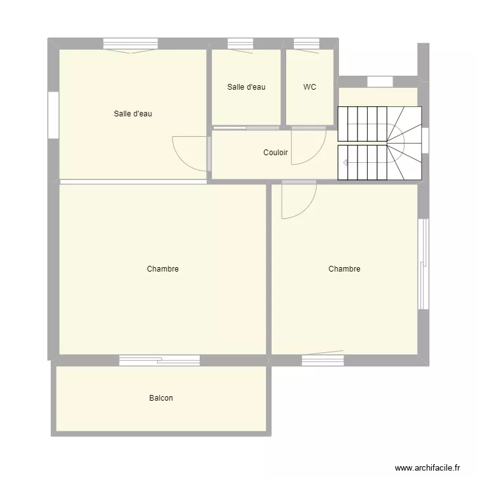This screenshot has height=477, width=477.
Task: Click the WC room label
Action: (310, 87)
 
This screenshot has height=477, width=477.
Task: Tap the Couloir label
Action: (275, 153)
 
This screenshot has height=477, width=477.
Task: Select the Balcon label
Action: (161, 398)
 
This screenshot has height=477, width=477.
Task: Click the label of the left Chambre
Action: (162, 269)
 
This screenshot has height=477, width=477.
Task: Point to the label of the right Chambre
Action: (344, 269)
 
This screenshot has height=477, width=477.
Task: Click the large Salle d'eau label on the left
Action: (133, 114)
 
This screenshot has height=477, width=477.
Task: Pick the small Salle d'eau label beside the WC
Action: (246, 87)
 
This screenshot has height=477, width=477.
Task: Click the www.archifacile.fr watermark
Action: (427, 467)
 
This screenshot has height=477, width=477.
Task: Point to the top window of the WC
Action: (307, 43)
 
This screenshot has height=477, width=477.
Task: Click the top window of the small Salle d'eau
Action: (240, 43)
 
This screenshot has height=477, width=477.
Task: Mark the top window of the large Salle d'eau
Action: (130, 43)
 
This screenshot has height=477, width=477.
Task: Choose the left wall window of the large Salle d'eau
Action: (53, 114)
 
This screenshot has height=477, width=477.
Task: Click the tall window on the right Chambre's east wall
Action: (423, 264)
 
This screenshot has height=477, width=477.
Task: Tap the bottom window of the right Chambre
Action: (322, 360)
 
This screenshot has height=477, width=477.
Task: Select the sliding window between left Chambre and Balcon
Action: (160, 360)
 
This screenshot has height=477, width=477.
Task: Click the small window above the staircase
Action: (380, 81)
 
